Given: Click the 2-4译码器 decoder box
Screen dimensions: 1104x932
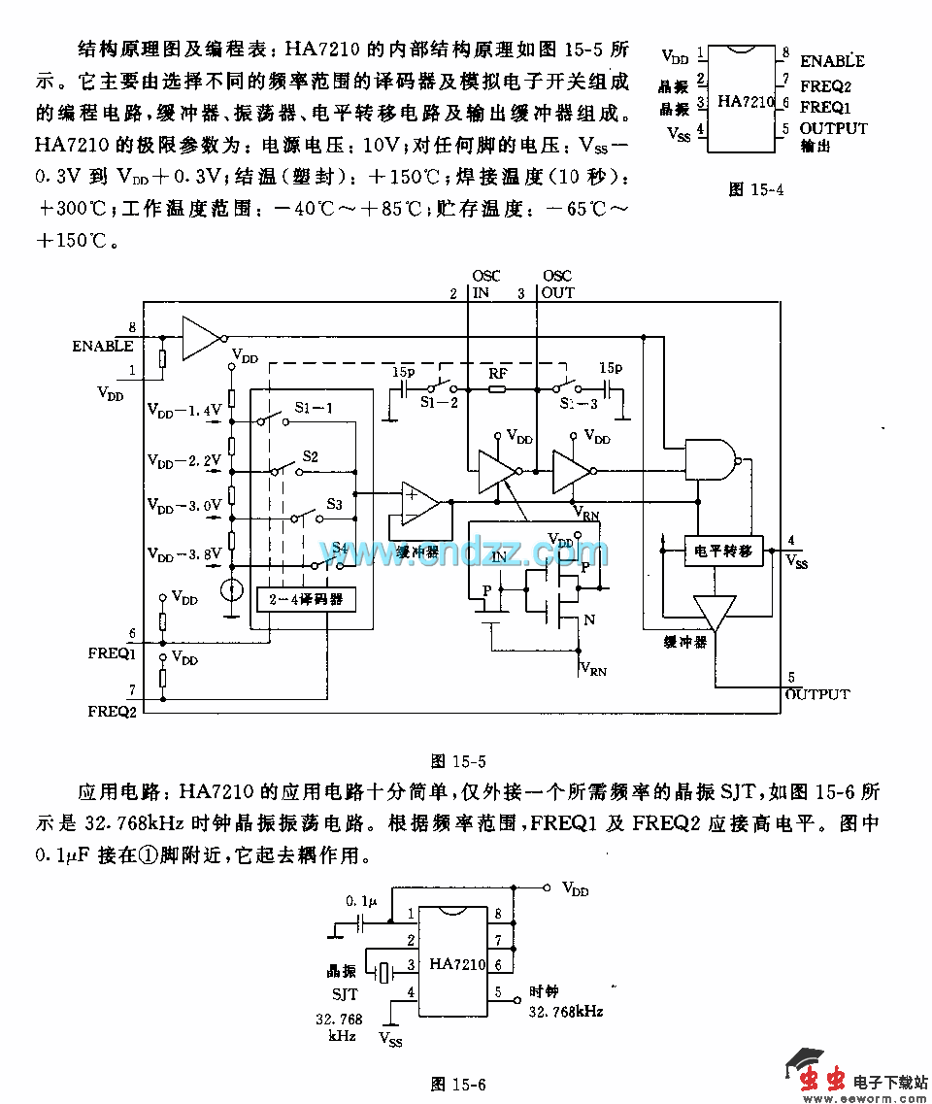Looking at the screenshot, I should [305, 599].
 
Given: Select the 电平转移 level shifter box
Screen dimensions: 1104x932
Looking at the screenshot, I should [723, 550].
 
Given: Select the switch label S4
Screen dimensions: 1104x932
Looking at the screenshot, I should [339, 548].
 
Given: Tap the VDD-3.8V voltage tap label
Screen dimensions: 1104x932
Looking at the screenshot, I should [184, 554].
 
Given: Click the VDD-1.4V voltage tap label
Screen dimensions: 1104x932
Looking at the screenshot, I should [184, 411].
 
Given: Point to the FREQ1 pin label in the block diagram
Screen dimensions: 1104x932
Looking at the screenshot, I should [111, 653].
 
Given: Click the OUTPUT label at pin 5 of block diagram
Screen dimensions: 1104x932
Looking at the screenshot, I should [816, 694].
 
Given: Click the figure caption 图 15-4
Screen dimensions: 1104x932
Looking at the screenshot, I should [755, 189].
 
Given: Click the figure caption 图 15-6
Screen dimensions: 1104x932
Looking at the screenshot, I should [458, 1083].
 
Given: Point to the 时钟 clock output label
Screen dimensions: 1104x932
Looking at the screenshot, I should [544, 992].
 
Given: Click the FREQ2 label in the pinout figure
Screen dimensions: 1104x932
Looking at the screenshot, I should [831, 85].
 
